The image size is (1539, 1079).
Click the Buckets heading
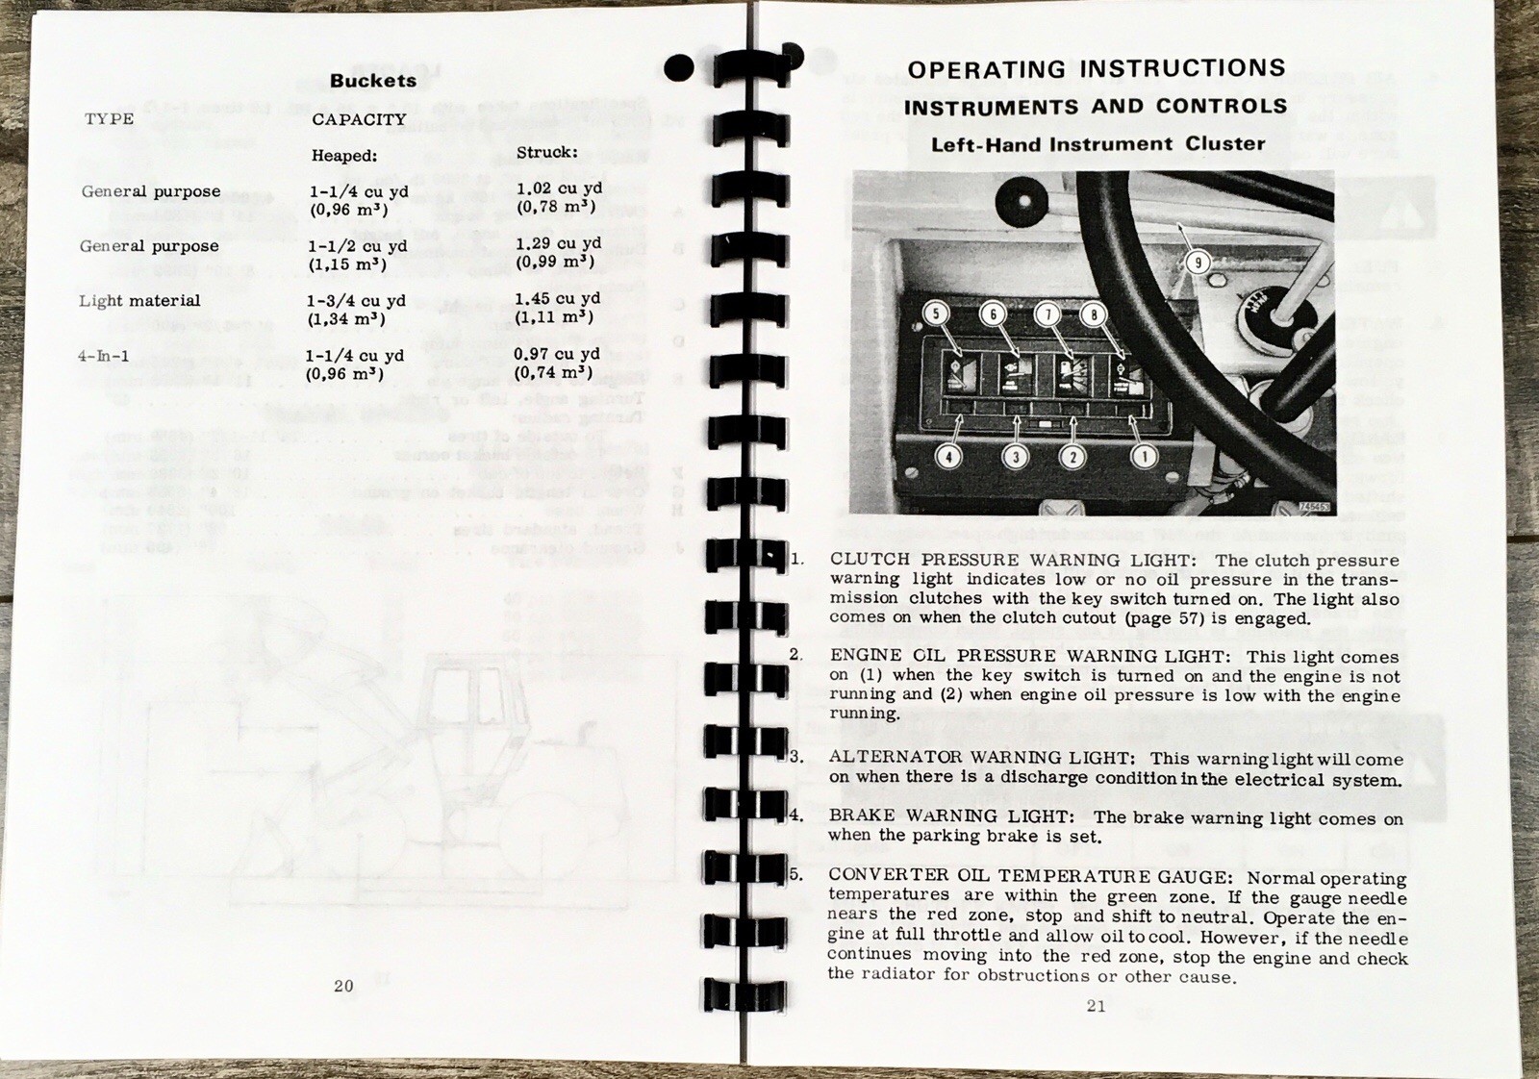[373, 81]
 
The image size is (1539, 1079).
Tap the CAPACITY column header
[359, 119]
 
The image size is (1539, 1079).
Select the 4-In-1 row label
[103, 356]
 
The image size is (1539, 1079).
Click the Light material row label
[139, 301]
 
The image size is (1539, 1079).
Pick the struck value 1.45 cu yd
[557, 299]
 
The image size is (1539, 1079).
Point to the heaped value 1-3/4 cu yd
[356, 301]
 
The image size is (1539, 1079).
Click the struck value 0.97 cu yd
[556, 354]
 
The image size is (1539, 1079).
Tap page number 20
[343, 986]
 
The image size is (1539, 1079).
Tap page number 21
[1096, 1006]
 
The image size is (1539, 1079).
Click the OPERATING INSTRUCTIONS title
[1096, 69]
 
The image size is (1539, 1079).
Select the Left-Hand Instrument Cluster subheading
[1097, 144]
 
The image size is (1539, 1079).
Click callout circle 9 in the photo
[1197, 262]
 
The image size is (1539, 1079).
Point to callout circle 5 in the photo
[935, 314]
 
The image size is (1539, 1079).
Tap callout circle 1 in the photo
[1143, 457]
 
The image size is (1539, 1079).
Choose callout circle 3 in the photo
[1015, 457]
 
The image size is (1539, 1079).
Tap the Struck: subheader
[546, 153]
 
